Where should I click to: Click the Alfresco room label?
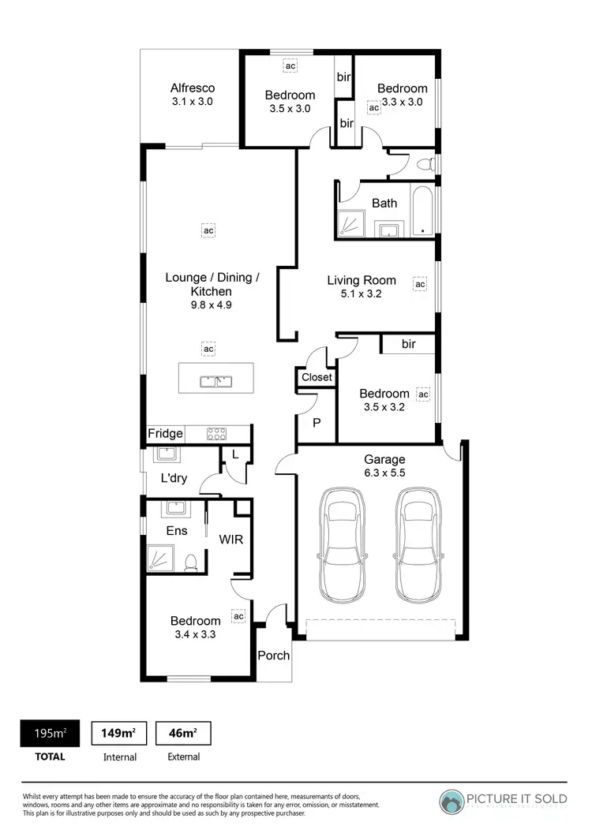pyautogui.click(x=193, y=88)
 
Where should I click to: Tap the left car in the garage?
pyautogui.click(x=343, y=544)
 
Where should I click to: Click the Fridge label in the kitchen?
pyautogui.click(x=165, y=434)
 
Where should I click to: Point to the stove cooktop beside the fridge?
pyautogui.click(x=217, y=433)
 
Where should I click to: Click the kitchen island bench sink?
pyautogui.click(x=215, y=383)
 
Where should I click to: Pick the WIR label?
pyautogui.click(x=231, y=540)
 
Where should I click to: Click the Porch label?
pyautogui.click(x=274, y=656)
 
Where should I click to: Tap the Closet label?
pyautogui.click(x=317, y=377)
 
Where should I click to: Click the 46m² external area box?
pyautogui.click(x=183, y=734)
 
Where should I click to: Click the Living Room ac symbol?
pyautogui.click(x=420, y=284)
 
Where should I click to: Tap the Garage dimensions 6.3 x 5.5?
pyautogui.click(x=384, y=473)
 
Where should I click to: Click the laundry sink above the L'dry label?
pyautogui.click(x=167, y=455)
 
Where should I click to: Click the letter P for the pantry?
pyautogui.click(x=317, y=423)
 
